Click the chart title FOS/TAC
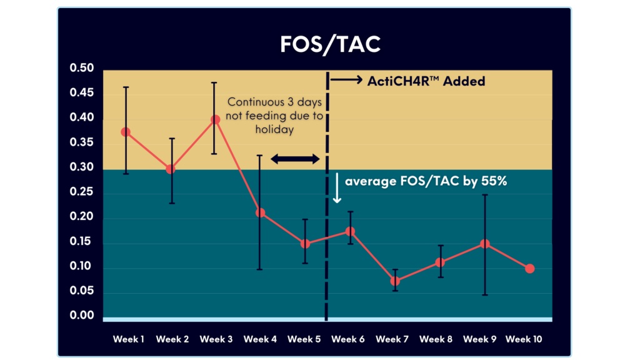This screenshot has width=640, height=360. (x=319, y=45)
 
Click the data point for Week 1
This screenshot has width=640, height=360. (x=126, y=132)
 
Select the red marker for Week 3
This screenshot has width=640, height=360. (x=215, y=119)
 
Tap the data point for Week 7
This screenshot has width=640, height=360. (x=395, y=281)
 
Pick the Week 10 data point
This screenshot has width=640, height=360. (x=530, y=269)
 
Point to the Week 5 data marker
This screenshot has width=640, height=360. (x=305, y=244)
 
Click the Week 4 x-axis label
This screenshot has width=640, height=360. (x=260, y=339)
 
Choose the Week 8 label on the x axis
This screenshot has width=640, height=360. (x=436, y=339)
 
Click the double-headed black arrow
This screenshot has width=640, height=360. (x=295, y=159)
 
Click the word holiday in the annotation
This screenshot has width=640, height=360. (x=274, y=130)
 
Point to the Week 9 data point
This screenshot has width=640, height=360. (x=484, y=244)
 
